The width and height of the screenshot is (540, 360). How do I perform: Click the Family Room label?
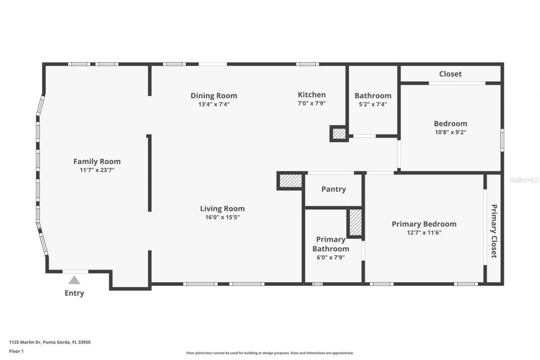(97, 161)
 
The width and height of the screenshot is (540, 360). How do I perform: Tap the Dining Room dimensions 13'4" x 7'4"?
(214, 104)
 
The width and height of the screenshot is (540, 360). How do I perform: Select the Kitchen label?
(312, 95)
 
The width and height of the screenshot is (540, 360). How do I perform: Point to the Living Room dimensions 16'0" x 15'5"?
(222, 217)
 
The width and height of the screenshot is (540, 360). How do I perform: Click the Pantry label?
(333, 189)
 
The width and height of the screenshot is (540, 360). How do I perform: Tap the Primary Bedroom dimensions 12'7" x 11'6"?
(424, 233)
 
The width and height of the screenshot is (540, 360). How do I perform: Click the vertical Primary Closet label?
(493, 231)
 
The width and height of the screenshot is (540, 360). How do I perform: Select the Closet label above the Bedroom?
(450, 74)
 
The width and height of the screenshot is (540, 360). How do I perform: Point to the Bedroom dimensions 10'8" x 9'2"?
(450, 132)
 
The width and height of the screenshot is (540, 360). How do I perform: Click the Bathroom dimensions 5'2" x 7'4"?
(373, 104)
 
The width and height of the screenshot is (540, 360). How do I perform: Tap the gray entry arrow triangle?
(74, 280)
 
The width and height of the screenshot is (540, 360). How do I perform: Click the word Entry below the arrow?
(74, 293)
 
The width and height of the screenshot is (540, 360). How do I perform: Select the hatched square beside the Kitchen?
(339, 134)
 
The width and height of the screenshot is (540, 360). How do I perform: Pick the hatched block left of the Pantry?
(291, 181)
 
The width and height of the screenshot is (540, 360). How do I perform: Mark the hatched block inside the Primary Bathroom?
(355, 222)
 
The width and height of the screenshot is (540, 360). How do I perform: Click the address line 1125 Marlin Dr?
(50, 342)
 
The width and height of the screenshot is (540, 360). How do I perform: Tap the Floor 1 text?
(16, 351)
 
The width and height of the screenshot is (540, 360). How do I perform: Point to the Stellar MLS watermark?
(524, 180)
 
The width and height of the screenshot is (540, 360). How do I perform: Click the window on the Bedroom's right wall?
(502, 140)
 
